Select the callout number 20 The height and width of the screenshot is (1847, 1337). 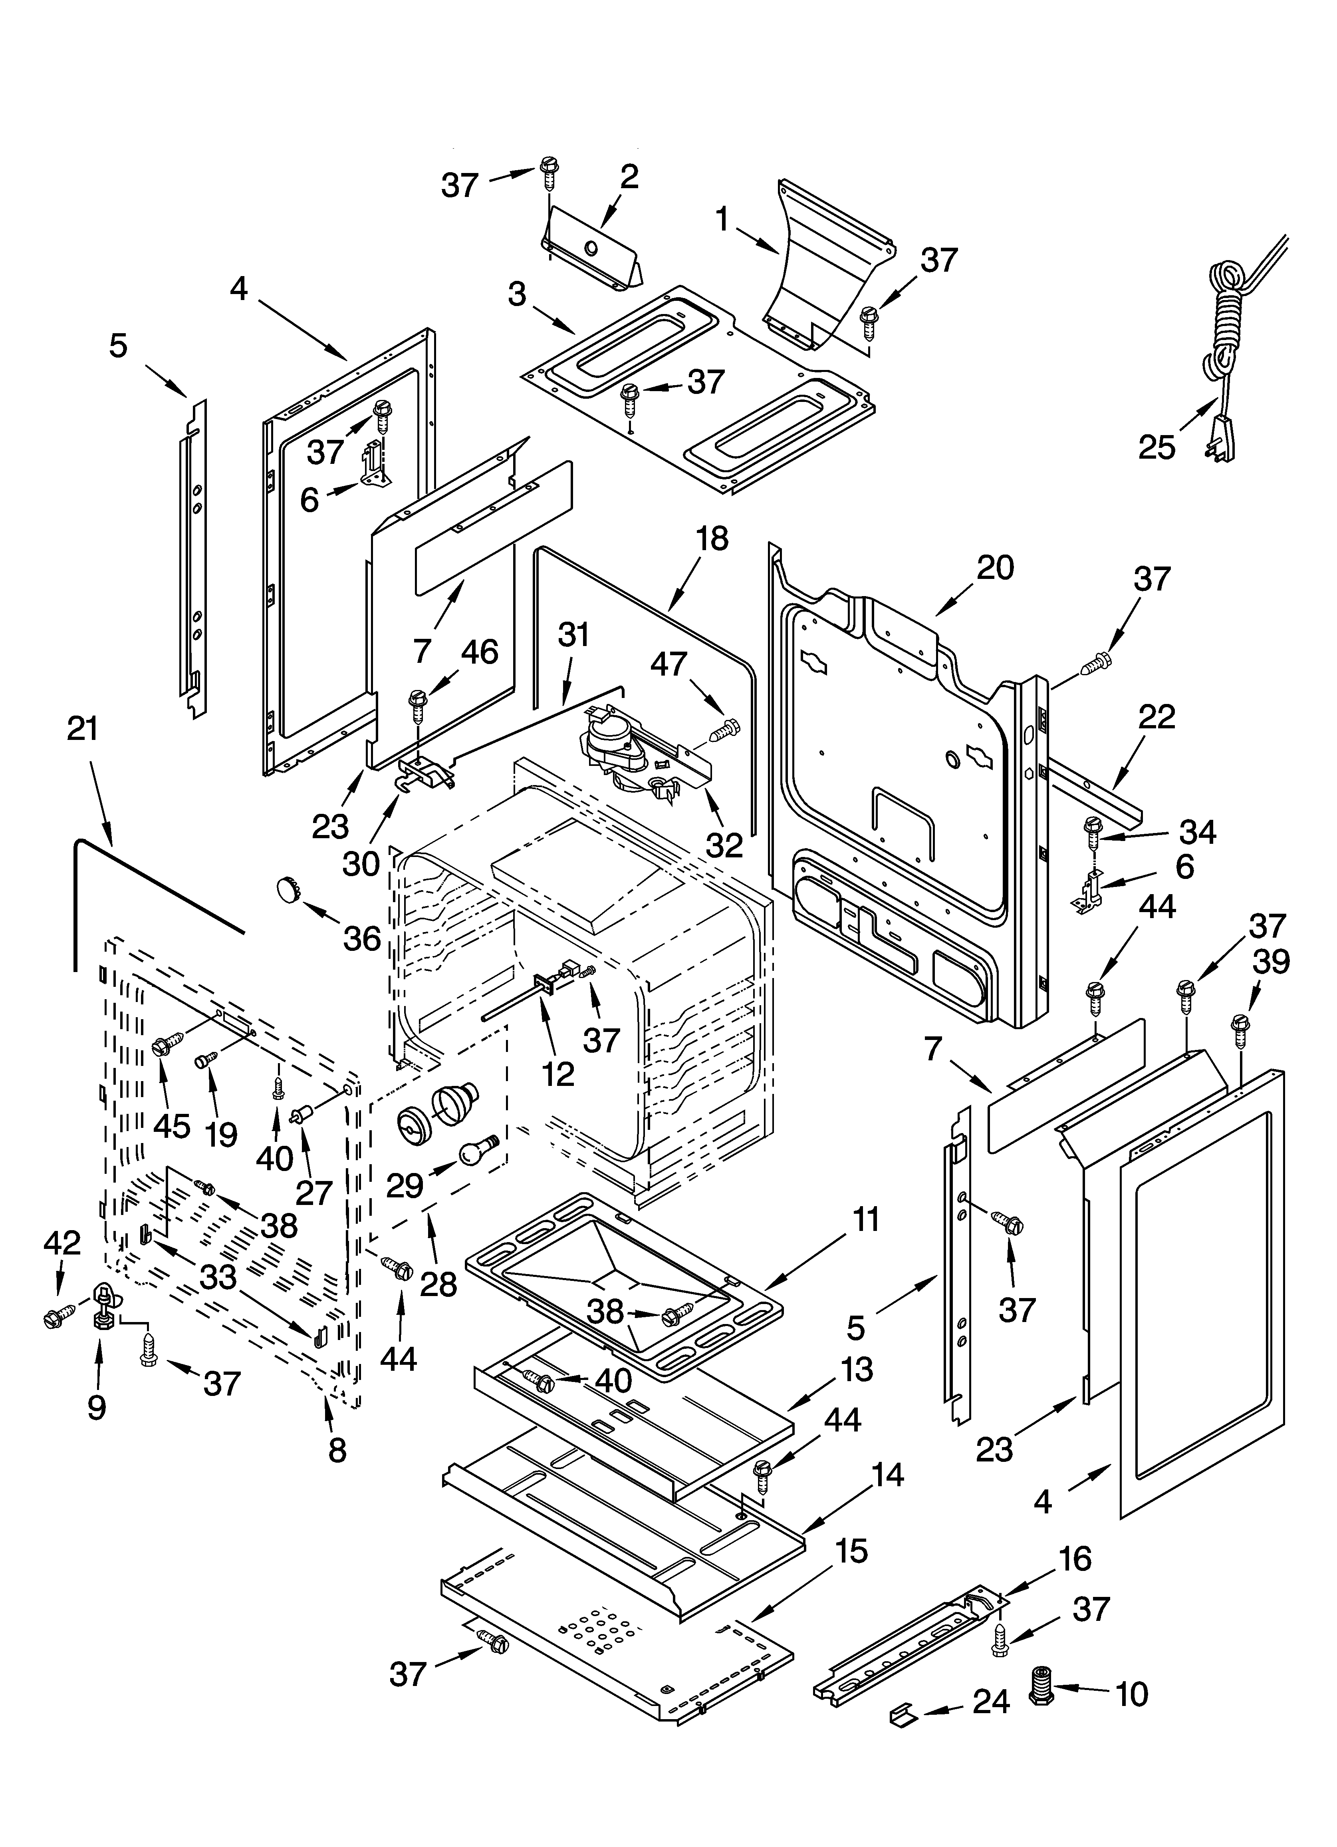(x=995, y=568)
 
